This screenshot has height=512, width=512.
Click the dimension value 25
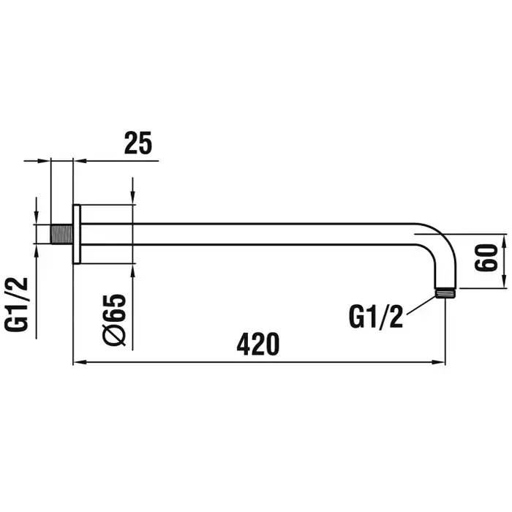[x=138, y=143]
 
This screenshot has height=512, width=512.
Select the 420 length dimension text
[x=258, y=345]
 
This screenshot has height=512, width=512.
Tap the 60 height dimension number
[x=486, y=257]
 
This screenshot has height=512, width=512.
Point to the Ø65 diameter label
[x=114, y=320]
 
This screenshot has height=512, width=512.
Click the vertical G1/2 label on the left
[x=16, y=304]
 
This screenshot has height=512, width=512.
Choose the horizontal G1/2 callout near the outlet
[x=376, y=317]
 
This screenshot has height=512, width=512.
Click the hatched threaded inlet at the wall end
[x=61, y=234]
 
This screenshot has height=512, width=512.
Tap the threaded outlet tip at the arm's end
[x=445, y=293]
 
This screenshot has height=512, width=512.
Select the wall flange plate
[x=76, y=234]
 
